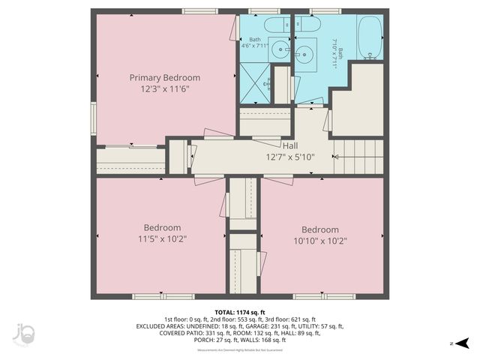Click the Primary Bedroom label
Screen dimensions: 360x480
click(x=164, y=77)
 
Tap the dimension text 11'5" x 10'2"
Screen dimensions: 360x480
click(x=162, y=240)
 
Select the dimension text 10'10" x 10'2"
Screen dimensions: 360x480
click(x=320, y=241)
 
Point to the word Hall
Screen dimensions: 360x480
click(x=290, y=145)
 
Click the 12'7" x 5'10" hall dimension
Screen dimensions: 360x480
click(x=290, y=157)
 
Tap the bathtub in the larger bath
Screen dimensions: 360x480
click(x=370, y=37)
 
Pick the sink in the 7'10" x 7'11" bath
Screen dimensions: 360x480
click(x=305, y=53)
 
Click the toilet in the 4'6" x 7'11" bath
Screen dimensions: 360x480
click(x=276, y=26)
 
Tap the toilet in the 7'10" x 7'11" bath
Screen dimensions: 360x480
click(x=307, y=26)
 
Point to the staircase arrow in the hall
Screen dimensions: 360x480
click(x=337, y=157)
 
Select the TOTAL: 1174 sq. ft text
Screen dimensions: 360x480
click(x=240, y=312)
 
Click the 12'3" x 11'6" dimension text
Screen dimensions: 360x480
click(x=164, y=89)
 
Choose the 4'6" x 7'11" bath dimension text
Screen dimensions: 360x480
click(x=255, y=46)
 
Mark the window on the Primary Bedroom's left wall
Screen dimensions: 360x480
click(x=94, y=118)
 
